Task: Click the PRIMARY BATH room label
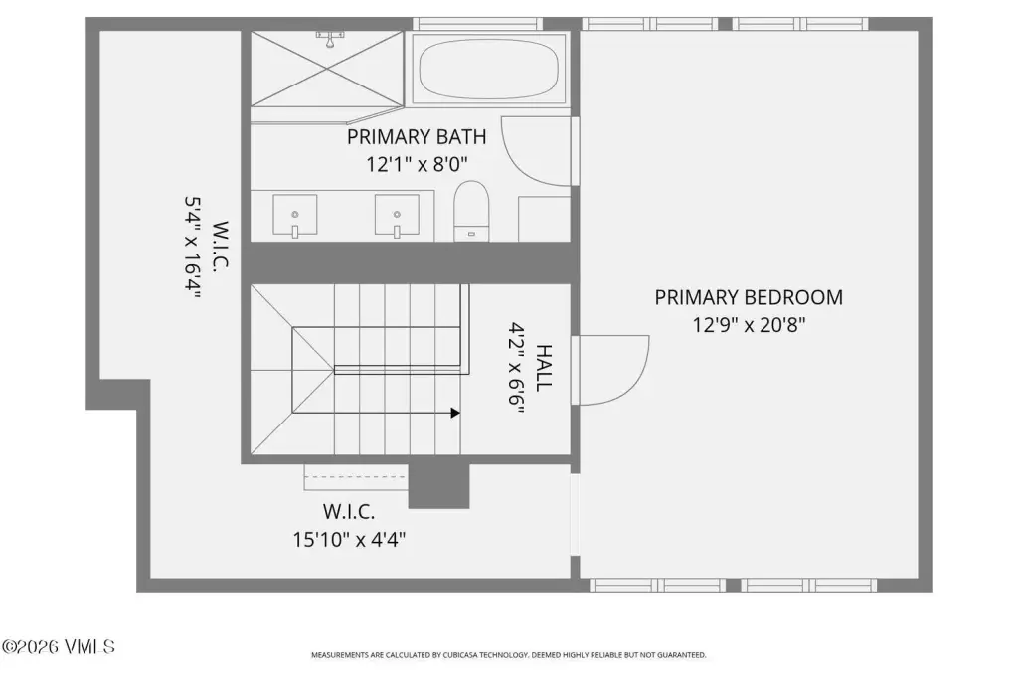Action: pyautogui.click(x=417, y=137)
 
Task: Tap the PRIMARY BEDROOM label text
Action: pyautogui.click(x=749, y=297)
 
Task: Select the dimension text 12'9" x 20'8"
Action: pyautogui.click(x=749, y=325)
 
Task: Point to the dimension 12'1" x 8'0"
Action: pyautogui.click(x=417, y=164)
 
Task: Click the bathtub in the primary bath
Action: pyautogui.click(x=488, y=69)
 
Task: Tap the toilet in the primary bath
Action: pyautogui.click(x=470, y=211)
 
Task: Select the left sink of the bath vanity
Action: pyautogui.click(x=294, y=216)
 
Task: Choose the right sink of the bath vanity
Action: pyautogui.click(x=397, y=216)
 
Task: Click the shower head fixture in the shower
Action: pyautogui.click(x=330, y=39)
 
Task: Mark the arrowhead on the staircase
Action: pyautogui.click(x=455, y=413)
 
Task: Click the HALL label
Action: pyautogui.click(x=544, y=368)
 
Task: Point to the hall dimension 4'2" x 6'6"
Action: pyautogui.click(x=517, y=368)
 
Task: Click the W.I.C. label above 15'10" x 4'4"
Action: pyautogui.click(x=349, y=512)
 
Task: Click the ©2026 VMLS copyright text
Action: pyautogui.click(x=59, y=647)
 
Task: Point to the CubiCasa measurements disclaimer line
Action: pyautogui.click(x=508, y=655)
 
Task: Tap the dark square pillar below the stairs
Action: pyautogui.click(x=438, y=486)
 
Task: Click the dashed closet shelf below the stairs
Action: pyautogui.click(x=356, y=477)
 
